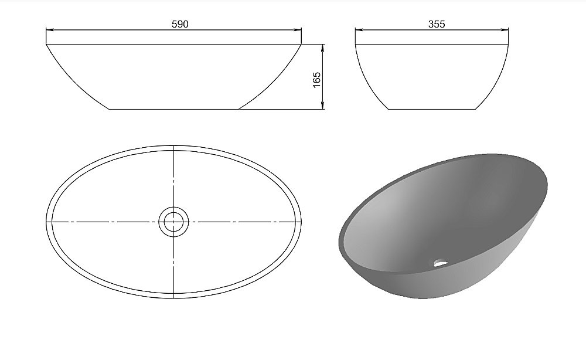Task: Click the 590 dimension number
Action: click(x=180, y=24)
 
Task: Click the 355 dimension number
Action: click(x=437, y=24)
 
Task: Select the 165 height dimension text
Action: click(x=316, y=80)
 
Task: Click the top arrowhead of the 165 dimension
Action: click(x=323, y=49)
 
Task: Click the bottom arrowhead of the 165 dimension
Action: click(x=323, y=105)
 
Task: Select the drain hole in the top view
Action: click(x=173, y=222)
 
